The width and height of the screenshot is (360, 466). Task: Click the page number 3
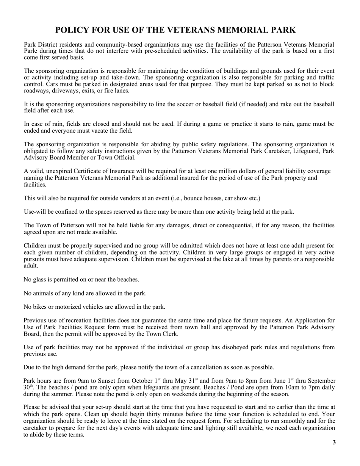[x=334, y=442]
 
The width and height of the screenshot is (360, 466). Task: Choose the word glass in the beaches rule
[x=41, y=280]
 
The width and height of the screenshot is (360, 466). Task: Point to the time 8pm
[x=258, y=381]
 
